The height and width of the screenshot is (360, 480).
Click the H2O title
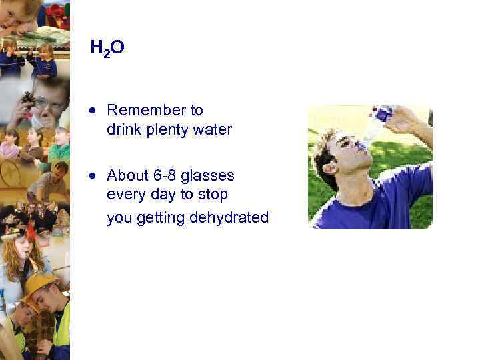click(x=107, y=47)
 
